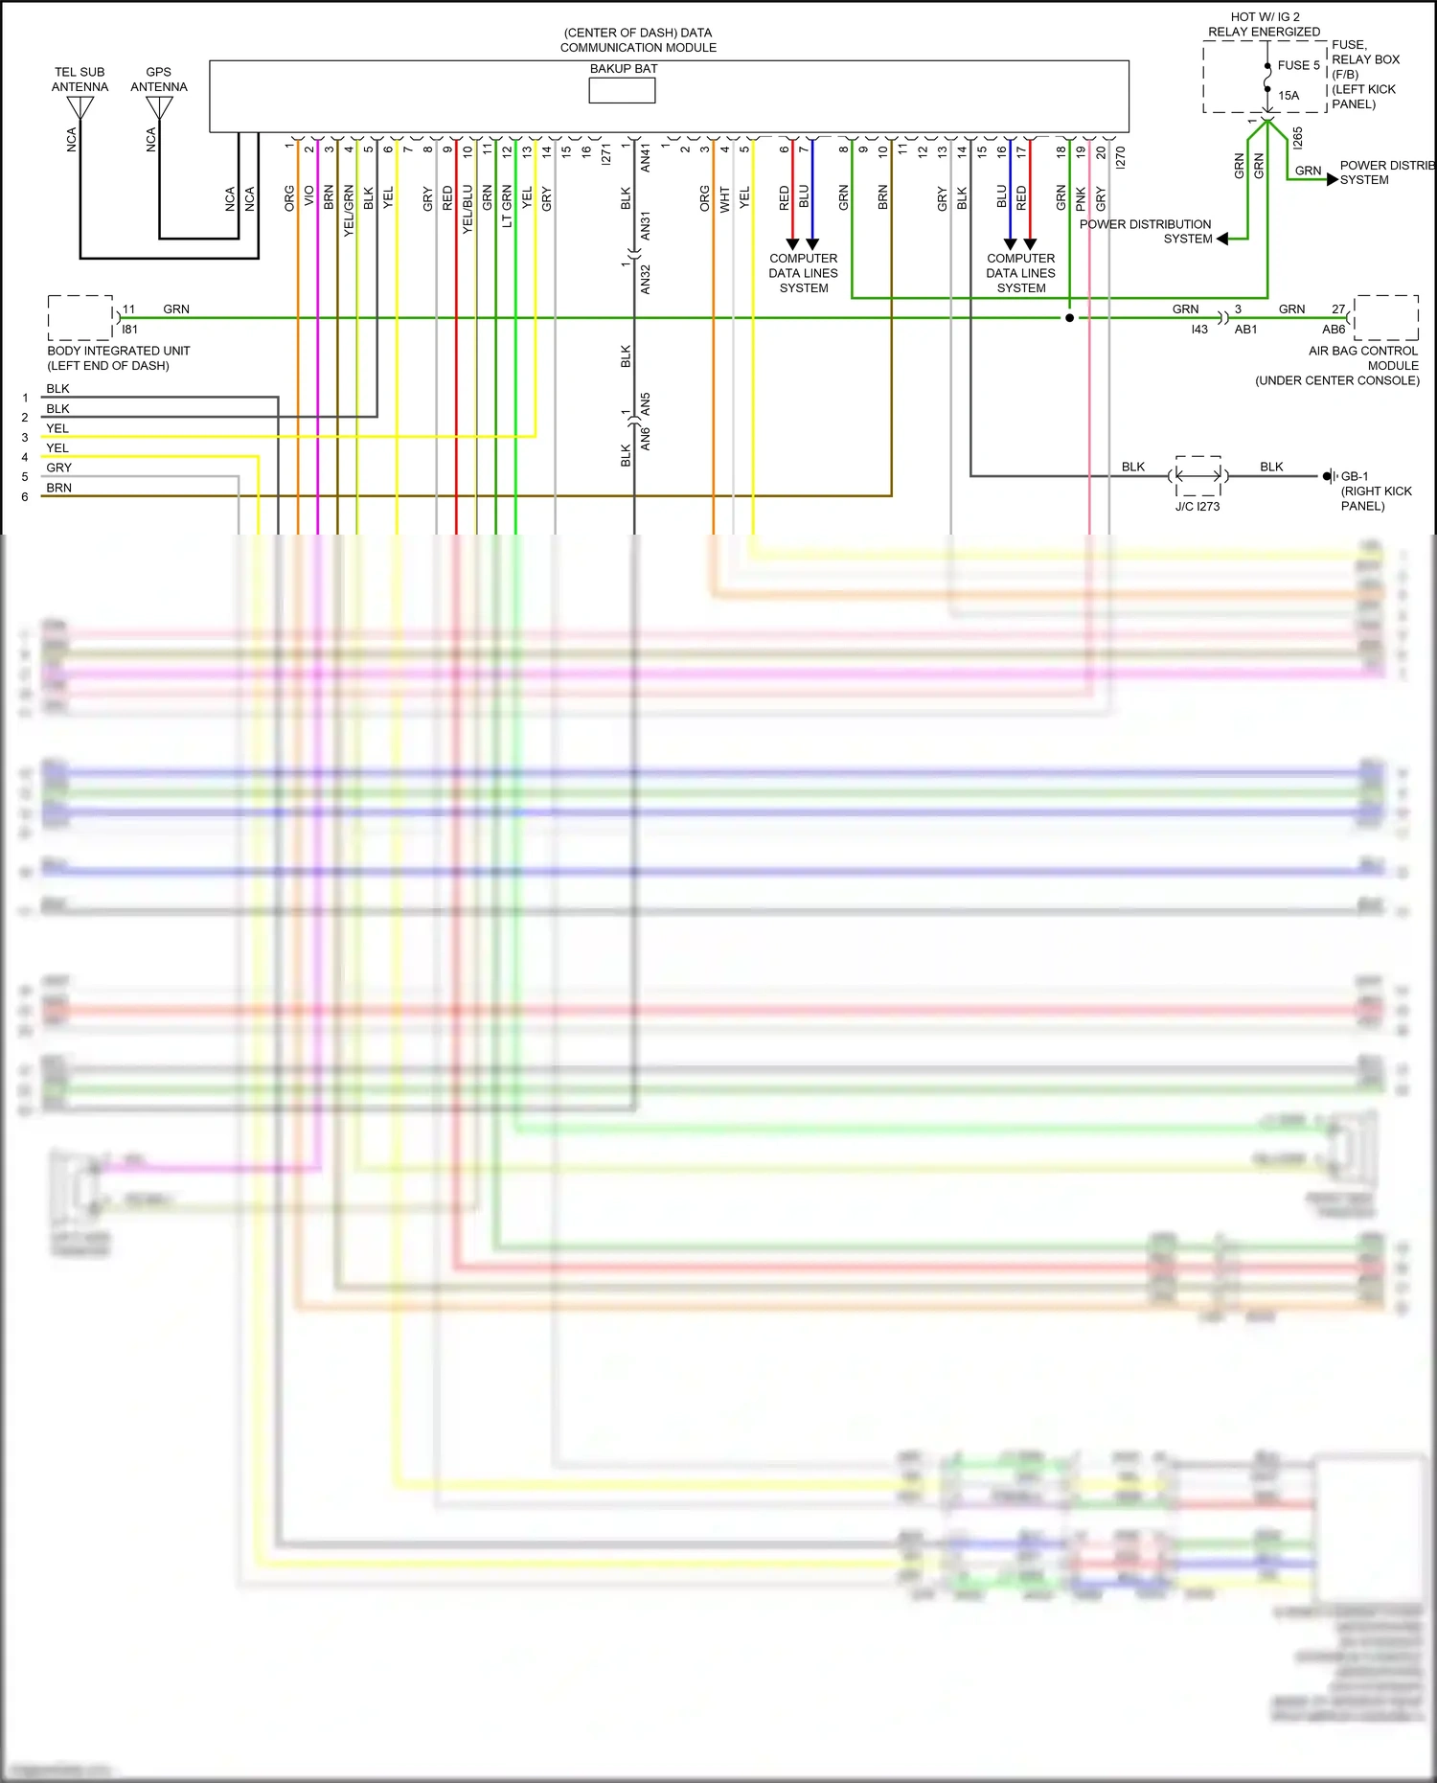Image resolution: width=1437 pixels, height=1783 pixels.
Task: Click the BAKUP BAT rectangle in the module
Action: pos(622,90)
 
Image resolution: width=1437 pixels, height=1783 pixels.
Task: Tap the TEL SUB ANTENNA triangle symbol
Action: pos(80,107)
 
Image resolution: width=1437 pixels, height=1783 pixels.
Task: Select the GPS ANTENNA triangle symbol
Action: pos(159,107)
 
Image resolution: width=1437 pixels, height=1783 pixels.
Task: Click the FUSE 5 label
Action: pos(1298,65)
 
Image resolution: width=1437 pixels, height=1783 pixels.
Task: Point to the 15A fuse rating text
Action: pos(1289,96)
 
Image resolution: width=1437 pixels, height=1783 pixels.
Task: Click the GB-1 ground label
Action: pos(1355,476)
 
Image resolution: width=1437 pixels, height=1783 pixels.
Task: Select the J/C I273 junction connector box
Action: pos(1198,475)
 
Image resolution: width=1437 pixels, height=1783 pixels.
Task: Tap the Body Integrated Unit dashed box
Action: pos(80,318)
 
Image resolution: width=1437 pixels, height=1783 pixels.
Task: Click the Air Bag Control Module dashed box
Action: pos(1386,317)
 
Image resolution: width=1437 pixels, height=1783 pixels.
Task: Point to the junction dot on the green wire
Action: pos(1069,317)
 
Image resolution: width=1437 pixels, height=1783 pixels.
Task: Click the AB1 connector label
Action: pos(1245,330)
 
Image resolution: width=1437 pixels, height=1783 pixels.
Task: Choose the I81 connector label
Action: pos(129,330)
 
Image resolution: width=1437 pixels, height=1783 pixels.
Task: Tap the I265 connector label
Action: pos(1297,138)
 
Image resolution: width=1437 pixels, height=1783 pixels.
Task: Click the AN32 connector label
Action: pos(646,280)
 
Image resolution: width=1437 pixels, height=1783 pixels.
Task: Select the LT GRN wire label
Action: pos(507,206)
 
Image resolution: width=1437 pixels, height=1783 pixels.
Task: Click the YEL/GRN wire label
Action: pos(349,211)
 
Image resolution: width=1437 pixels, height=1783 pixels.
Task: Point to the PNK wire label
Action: pos(1081,199)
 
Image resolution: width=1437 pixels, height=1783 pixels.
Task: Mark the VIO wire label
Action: pos(309,195)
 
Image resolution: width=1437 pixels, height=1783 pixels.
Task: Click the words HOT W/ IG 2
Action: pos(1265,17)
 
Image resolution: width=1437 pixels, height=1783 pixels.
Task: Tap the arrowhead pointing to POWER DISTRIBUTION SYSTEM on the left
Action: pos(1222,239)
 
